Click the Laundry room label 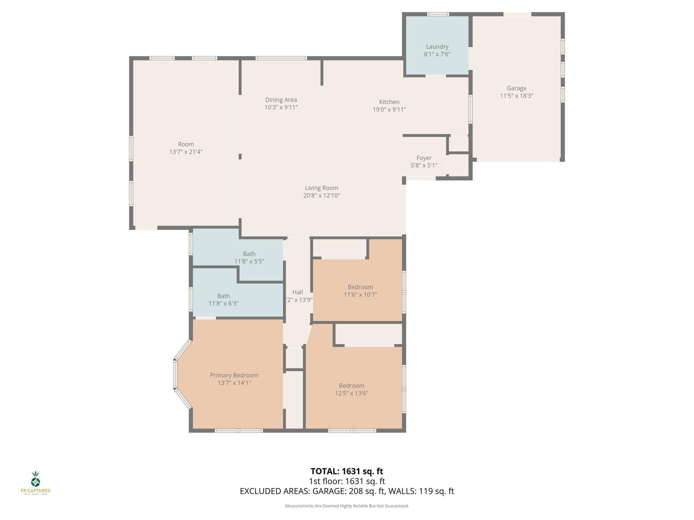pos(437,47)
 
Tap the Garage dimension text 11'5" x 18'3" pos(516,96)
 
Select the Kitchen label pos(389,102)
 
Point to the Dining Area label pos(281,100)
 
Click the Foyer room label pos(424,158)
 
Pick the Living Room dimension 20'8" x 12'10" pos(322,195)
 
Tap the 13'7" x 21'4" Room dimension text pos(186,152)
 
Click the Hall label pos(298,292)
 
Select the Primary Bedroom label pos(234,375)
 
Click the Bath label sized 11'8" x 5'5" pos(249,254)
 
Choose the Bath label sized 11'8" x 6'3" pos(223,296)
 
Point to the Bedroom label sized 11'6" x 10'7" pos(360,287)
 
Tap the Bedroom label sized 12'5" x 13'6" pos(351,386)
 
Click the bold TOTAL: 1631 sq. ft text pos(347,471)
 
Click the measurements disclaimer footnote pos(347,506)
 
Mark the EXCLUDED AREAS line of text pos(347,491)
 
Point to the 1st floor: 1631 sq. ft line pos(347,481)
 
